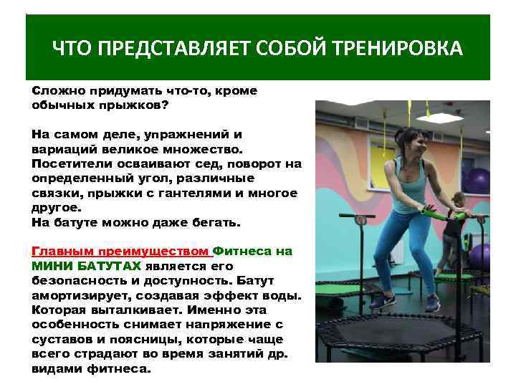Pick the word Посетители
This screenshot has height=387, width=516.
click(70, 164)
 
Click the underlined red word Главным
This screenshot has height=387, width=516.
click(63, 252)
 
